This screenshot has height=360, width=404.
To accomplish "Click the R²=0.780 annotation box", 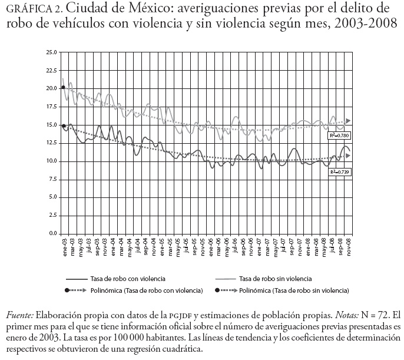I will click(x=339, y=136).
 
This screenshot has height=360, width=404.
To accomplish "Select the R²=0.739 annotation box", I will click(x=340, y=172).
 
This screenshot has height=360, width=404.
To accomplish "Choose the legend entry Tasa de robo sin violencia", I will click(x=278, y=278).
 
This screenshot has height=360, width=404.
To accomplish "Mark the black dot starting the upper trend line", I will click(x=63, y=88).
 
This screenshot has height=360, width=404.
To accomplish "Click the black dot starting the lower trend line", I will click(x=63, y=125).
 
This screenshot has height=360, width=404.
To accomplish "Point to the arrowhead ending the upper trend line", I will click(x=349, y=120).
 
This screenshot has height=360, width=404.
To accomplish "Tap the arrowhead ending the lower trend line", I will click(x=349, y=156).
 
